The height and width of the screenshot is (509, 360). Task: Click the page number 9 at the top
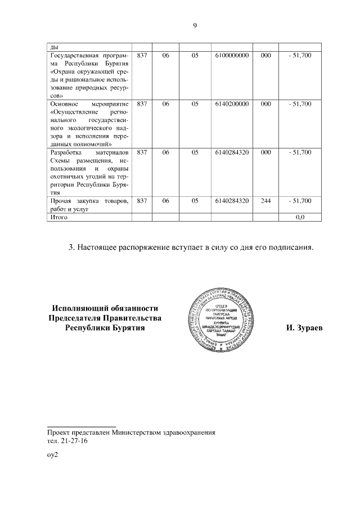(x=194, y=25)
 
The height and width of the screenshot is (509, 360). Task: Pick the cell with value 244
(x=266, y=201)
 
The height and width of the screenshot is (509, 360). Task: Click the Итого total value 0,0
(x=300, y=217)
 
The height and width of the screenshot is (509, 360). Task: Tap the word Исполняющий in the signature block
(x=78, y=308)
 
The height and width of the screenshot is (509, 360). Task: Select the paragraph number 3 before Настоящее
(x=71, y=247)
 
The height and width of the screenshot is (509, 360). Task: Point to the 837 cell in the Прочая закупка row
(x=142, y=201)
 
